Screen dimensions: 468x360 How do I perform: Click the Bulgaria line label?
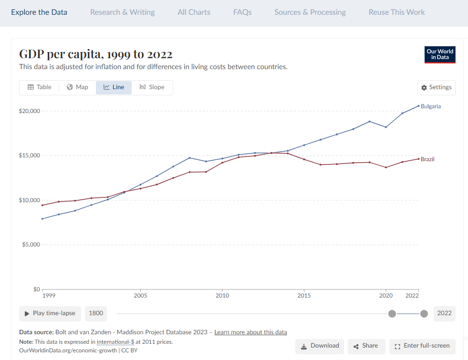[x=430, y=106]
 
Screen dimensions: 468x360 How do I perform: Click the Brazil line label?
[x=427, y=159]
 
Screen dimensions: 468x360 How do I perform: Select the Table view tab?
[x=40, y=87]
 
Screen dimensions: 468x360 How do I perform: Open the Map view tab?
[x=77, y=87]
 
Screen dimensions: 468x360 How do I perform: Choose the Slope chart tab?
[x=152, y=87]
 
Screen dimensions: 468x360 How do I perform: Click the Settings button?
[x=437, y=87]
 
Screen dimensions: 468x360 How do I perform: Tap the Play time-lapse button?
[x=50, y=313]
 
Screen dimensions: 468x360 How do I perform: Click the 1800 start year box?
[x=96, y=313]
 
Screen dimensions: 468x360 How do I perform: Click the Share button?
[x=366, y=346]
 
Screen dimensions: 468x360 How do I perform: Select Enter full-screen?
[x=422, y=346]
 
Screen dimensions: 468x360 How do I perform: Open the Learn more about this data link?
[x=251, y=332]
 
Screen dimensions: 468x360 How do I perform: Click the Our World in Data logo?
[x=440, y=54]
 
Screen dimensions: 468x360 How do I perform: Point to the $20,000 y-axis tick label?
[x=29, y=111]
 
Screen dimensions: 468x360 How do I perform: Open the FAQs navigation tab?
[x=242, y=12]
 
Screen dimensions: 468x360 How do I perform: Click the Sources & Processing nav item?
[x=310, y=12]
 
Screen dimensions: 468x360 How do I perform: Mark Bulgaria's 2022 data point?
[x=418, y=106]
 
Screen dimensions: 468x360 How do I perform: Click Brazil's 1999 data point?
[x=42, y=205]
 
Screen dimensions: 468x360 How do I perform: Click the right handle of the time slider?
[x=424, y=314]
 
